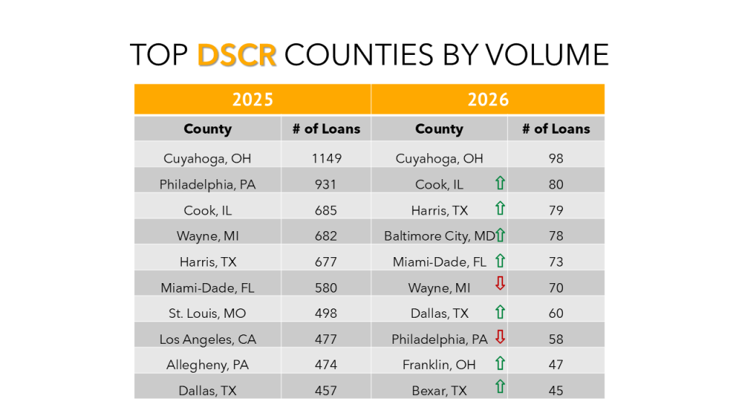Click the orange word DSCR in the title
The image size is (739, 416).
coord(237,55)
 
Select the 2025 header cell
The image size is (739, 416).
coord(253,99)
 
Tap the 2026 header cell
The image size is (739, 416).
coord(488,99)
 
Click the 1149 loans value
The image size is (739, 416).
coord(326,158)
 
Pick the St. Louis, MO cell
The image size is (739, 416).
coord(207,313)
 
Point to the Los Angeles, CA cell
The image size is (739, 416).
coord(207,339)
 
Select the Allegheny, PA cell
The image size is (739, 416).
coord(207,365)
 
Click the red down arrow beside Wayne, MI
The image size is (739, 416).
coord(499,285)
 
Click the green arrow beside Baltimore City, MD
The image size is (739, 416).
coord(500,234)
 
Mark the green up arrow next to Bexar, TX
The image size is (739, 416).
coord(499,389)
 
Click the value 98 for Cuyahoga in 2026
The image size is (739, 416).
coord(556,158)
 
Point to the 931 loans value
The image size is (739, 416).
coord(326,184)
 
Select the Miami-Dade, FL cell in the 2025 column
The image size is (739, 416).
coord(207,287)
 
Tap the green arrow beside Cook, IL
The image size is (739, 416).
coord(499,183)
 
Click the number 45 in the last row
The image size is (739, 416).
coord(556,391)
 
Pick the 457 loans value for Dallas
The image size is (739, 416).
coord(326,391)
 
